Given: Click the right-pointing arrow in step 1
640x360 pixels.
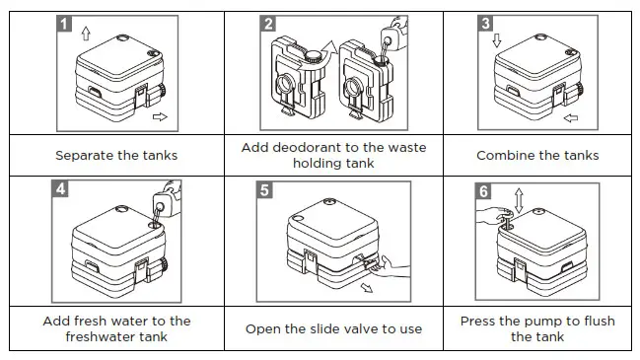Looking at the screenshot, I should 162,116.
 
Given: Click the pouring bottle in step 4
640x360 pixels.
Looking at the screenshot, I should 170,196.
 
